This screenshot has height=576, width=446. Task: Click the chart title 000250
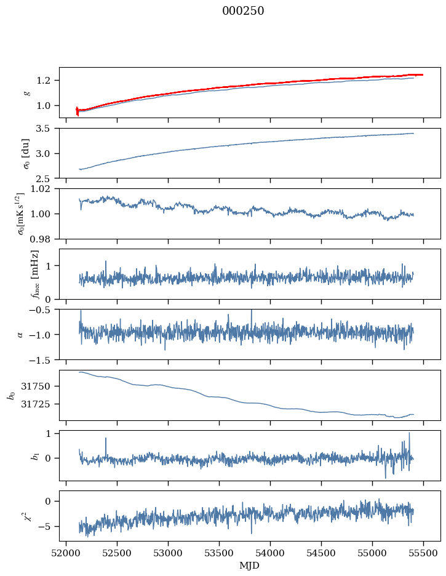click(x=243, y=11)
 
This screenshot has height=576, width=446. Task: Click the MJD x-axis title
click(x=249, y=566)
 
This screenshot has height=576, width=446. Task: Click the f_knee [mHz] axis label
click(x=35, y=274)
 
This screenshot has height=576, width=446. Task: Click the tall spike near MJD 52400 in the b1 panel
click(x=106, y=446)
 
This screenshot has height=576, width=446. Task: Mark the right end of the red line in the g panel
click(x=423, y=75)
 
